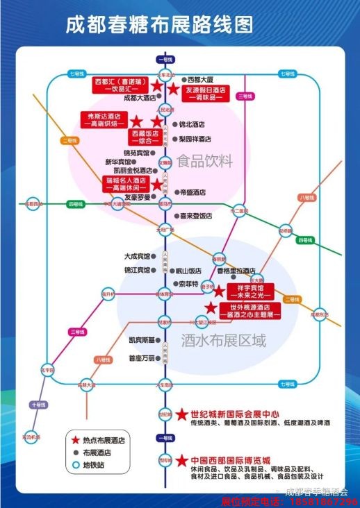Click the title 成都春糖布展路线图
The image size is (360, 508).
[x=159, y=25]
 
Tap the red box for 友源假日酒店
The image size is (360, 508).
[x=205, y=94]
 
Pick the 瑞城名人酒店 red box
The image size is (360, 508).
[x=125, y=183]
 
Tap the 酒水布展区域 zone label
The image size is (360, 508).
[x=223, y=341]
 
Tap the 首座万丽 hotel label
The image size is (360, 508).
[x=144, y=358]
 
